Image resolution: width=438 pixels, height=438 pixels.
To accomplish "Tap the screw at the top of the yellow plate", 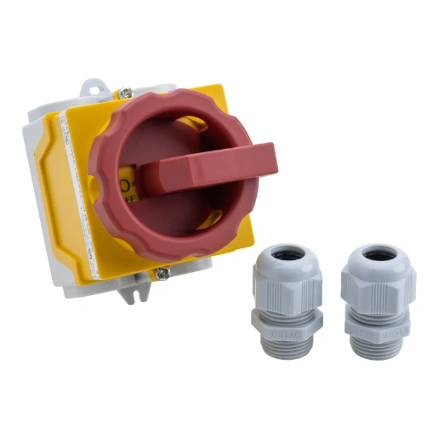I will (x=126, y=93).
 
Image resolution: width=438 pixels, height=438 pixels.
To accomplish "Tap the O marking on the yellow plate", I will (x=125, y=186).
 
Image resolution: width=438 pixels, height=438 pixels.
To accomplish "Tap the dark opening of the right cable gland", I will (x=376, y=255).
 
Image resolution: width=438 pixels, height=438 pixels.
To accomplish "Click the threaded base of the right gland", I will (x=378, y=346).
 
